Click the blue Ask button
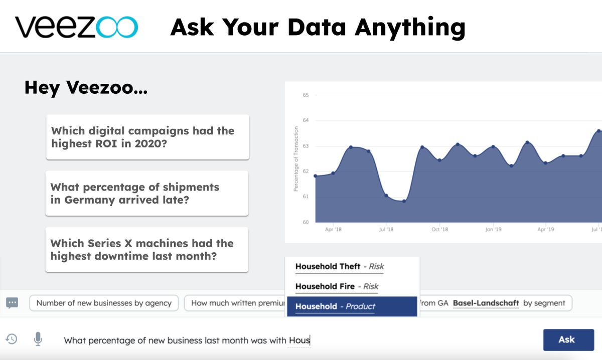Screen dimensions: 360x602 point(568,340)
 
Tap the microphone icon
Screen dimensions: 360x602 point(38,339)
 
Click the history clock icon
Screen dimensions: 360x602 point(11,339)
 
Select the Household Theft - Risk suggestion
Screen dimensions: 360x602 point(340,267)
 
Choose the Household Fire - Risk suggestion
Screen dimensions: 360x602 point(337,287)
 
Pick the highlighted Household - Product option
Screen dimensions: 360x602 point(352,306)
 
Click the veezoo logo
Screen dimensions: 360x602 point(76,27)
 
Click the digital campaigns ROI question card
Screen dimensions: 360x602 point(147,137)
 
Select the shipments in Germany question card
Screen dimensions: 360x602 point(147,193)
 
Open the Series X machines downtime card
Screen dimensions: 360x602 point(147,249)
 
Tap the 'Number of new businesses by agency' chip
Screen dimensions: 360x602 point(104,303)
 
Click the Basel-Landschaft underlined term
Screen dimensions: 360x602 point(486,303)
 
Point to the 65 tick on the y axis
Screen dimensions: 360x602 point(306,95)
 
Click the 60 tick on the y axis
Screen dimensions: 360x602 point(306,222)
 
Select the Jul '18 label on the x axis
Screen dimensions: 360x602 point(386,230)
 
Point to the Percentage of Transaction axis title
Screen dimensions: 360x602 point(296,158)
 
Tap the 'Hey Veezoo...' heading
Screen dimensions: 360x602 point(86,88)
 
